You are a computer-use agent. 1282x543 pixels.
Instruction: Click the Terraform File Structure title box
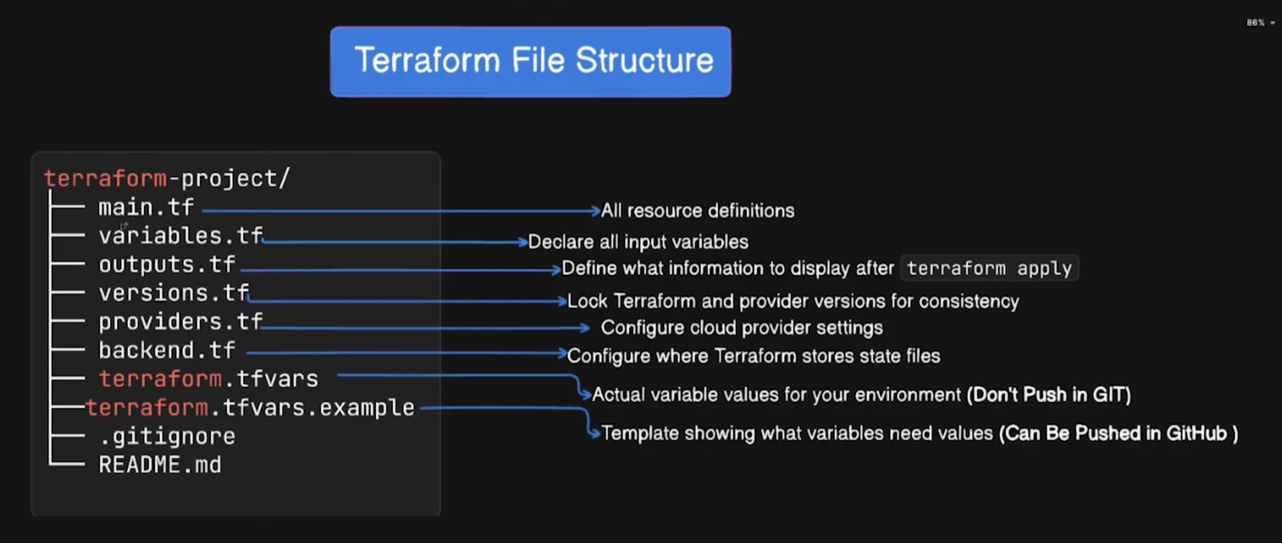[531, 61]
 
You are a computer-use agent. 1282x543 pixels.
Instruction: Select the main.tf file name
[146, 209]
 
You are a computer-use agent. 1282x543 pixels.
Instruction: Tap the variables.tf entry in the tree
[180, 236]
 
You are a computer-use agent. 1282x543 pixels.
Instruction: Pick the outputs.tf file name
[167, 264]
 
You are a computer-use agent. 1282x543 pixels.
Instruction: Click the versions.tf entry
[173, 293]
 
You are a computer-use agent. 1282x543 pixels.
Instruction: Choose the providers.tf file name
[180, 321]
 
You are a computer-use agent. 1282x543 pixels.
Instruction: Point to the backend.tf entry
[167, 350]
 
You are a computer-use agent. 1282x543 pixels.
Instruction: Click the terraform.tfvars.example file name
[250, 407]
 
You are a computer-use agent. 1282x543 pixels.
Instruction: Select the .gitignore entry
[167, 437]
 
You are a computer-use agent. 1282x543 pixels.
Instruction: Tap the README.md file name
[160, 465]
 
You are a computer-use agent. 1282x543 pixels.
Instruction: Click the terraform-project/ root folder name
[167, 178]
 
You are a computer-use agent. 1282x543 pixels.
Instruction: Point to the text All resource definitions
[697, 211]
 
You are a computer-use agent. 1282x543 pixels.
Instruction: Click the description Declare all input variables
[638, 241]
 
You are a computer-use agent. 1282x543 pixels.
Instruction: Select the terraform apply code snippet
[989, 268]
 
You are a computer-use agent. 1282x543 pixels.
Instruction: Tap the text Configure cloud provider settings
[742, 328]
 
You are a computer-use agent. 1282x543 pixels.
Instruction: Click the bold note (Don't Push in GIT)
[1049, 395]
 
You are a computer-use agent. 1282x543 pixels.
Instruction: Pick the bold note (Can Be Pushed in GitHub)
[1118, 434]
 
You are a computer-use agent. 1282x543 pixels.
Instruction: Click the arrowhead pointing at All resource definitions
[595, 211]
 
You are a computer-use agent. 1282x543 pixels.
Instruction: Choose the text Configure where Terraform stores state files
[753, 357]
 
